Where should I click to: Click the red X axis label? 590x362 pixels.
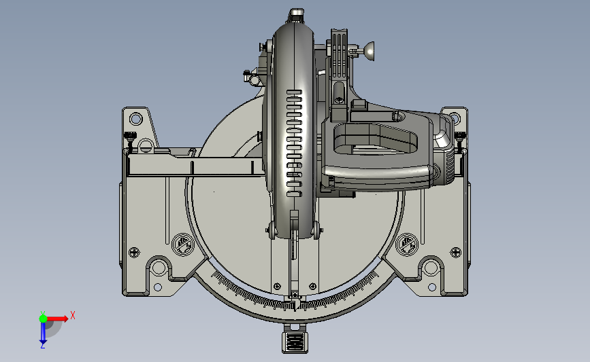click(73, 315)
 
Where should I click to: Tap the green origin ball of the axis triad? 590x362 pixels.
click(44, 319)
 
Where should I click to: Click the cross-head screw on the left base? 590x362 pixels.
click(134, 252)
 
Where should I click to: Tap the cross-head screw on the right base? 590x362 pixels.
click(456, 252)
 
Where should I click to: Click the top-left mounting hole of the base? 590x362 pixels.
click(135, 120)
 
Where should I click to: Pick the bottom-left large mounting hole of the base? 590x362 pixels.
click(159, 268)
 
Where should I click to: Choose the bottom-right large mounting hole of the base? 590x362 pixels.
click(431, 268)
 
